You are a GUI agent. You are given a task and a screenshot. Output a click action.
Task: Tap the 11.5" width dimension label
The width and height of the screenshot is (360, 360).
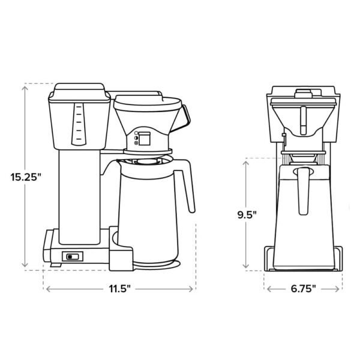[x=119, y=289]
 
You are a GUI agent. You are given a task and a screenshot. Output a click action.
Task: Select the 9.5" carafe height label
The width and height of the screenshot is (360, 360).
[x=247, y=214]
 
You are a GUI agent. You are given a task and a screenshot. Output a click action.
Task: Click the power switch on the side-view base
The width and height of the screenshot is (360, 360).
[x=72, y=257]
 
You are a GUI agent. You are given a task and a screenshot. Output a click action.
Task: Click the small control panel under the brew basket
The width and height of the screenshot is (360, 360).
[x=143, y=139]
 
